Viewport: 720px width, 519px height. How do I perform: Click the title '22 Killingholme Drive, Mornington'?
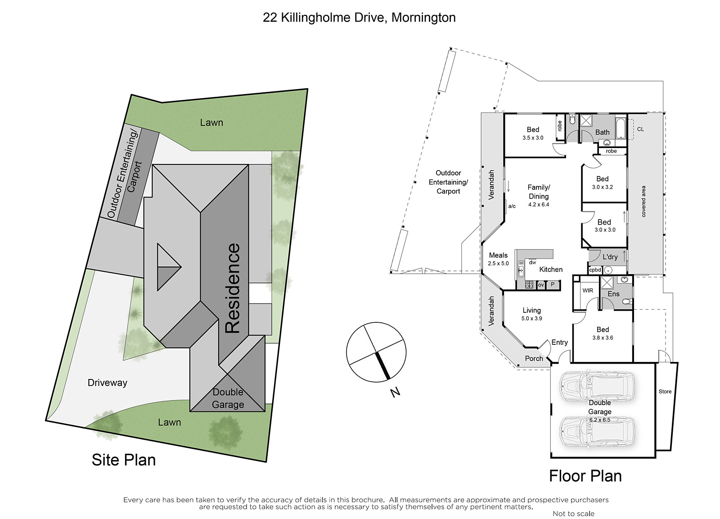[x=359, y=18]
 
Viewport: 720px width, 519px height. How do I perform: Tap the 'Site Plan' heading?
[x=124, y=460]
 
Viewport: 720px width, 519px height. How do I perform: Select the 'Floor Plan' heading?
[x=585, y=476]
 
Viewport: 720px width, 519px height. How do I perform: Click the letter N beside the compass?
[x=395, y=392]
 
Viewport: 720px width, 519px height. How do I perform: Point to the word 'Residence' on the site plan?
[x=232, y=288]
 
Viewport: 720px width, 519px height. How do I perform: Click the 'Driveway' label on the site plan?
[x=108, y=383]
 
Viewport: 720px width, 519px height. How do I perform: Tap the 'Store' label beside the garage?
[x=665, y=391]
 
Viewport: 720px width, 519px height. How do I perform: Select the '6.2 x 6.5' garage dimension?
[x=600, y=420]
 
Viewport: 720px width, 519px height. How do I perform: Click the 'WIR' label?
[x=588, y=290]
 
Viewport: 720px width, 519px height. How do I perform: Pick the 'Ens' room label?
[x=613, y=294]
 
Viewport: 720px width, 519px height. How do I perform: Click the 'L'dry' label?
[x=610, y=257]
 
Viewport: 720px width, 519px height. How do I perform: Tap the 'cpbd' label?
[x=595, y=270]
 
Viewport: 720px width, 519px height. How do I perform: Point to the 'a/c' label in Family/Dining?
[x=512, y=206]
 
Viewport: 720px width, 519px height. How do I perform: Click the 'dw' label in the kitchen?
[x=533, y=262]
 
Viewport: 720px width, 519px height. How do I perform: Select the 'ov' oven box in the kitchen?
[x=541, y=284]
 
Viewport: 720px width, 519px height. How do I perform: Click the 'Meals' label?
[x=498, y=255]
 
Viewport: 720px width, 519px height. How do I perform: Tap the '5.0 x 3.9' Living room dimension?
[x=531, y=318]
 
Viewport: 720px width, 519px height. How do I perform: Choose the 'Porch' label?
[x=534, y=359]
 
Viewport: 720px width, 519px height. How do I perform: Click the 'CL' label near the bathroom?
[x=640, y=129]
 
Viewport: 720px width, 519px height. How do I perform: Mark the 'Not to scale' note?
[x=573, y=514]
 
